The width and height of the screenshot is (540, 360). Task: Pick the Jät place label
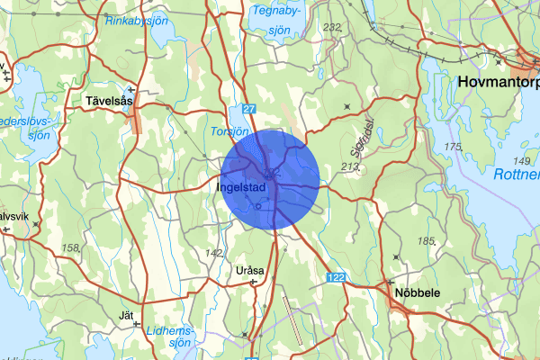tap(126, 315)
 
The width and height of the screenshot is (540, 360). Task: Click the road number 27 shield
tap(249, 109)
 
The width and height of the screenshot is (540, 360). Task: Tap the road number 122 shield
tap(336, 276)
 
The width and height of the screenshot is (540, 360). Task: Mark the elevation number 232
tap(332, 27)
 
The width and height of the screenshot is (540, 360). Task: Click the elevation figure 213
tap(350, 166)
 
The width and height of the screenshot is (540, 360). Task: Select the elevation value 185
tap(426, 240)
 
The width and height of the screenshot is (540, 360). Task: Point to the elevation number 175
tap(453, 147)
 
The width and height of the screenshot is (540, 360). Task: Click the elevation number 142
tap(214, 253)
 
